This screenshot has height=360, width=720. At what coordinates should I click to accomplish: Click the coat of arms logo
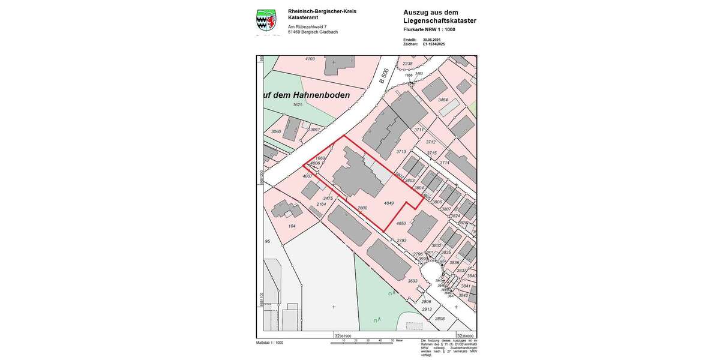[x=266, y=22]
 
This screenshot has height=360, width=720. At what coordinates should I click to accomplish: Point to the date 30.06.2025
[x=431, y=39]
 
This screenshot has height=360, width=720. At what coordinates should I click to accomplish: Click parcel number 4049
[x=388, y=203]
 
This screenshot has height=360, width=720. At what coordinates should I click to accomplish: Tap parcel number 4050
[x=401, y=223]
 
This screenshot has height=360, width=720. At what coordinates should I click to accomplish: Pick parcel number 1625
[x=298, y=104]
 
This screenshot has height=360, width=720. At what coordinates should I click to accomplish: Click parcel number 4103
[x=310, y=59]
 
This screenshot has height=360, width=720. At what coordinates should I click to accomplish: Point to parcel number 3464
[x=443, y=100]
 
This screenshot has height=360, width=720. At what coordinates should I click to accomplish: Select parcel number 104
[x=292, y=226]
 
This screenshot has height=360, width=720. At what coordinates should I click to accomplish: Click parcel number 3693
[x=412, y=281]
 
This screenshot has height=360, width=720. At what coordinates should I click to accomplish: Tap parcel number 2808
[x=440, y=319]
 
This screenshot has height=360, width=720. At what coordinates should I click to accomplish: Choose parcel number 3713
[x=401, y=152]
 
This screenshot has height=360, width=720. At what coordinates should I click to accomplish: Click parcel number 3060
[x=276, y=131]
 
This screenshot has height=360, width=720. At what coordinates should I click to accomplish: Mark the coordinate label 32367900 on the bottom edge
[x=343, y=337]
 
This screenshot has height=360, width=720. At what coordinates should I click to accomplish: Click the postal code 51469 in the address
[x=294, y=32]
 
